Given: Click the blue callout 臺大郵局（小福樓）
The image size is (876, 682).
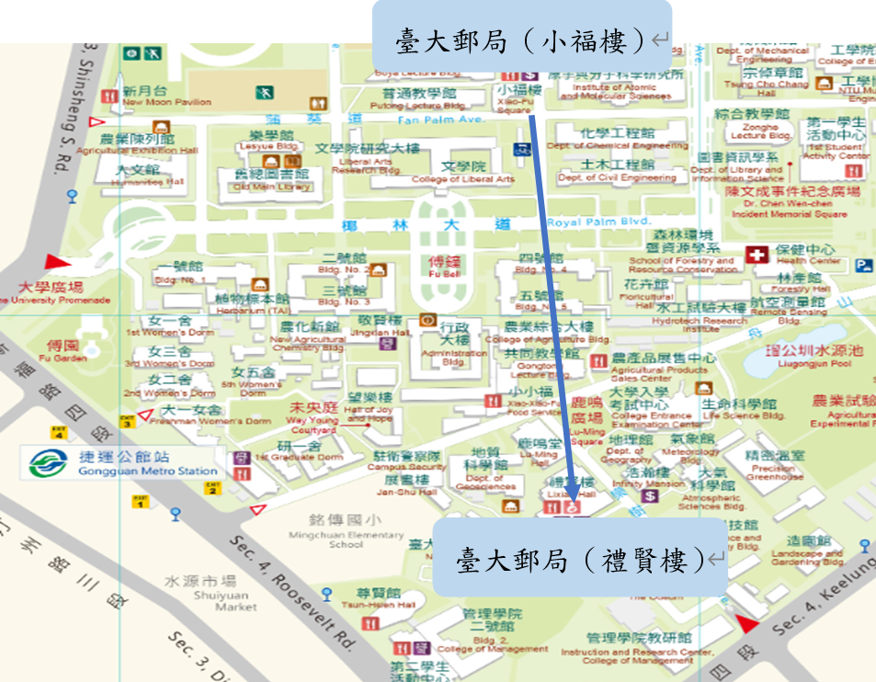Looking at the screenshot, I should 521,39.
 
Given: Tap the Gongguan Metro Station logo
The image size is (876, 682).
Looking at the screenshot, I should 45,462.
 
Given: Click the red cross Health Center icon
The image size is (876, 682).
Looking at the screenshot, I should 757,255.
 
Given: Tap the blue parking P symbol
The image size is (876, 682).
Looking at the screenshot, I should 862,266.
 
